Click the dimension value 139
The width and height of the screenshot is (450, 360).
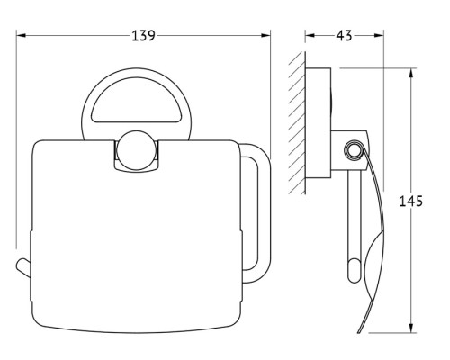coord(144,36)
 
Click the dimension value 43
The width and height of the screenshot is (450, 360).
coord(344,36)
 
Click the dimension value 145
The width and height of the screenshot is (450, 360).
coord(411,201)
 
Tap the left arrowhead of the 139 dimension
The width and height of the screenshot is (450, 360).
coord(21,35)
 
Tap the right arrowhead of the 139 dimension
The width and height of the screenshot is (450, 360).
coord(265,35)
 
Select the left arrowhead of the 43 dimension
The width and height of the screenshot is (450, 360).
coord(310,35)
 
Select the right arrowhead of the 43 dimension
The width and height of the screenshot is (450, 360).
coord(379,35)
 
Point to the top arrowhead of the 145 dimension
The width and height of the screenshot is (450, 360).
coord(411,73)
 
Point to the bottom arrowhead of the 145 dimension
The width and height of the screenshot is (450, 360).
coord(411,327)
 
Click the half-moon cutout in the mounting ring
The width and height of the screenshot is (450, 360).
coord(135,102)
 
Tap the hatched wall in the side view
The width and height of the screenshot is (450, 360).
coord(297,123)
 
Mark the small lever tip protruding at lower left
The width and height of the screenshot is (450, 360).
coord(23,266)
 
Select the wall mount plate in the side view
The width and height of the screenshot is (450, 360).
coord(319,123)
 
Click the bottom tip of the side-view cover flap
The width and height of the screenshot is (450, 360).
coord(359,331)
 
